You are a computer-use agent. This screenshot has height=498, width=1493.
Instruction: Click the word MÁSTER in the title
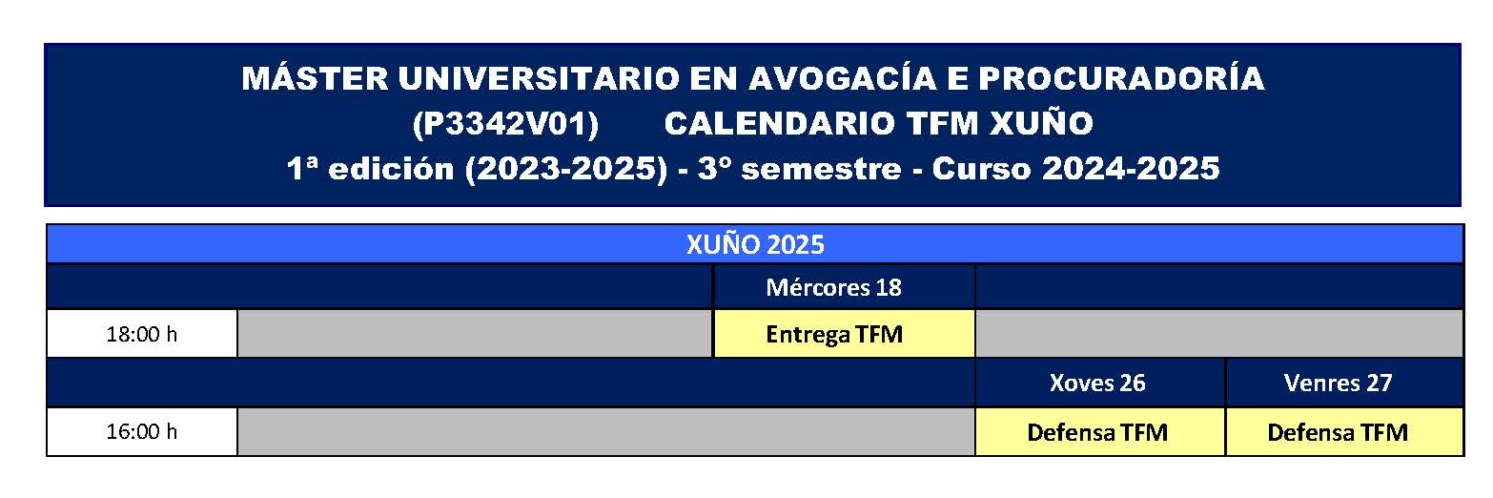pyautogui.click(x=315, y=77)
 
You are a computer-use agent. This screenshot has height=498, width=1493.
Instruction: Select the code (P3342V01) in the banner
pyautogui.click(x=506, y=124)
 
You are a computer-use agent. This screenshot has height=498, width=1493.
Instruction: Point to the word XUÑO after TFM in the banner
pyautogui.click(x=1041, y=122)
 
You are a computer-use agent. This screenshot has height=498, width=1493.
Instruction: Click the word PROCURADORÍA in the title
pyautogui.click(x=1121, y=77)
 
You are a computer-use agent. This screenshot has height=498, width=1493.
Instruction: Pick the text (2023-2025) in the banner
pyautogui.click(x=566, y=169)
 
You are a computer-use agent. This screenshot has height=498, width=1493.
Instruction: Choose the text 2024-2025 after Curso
pyautogui.click(x=1131, y=168)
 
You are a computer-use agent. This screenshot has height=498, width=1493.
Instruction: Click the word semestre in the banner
pyautogui.click(x=821, y=169)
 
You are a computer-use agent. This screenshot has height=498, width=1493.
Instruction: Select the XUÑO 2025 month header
pyautogui.click(x=755, y=244)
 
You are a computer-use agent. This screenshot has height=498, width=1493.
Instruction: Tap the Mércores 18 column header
pyautogui.click(x=834, y=287)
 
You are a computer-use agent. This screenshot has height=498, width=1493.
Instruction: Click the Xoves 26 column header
pyautogui.click(x=1097, y=383)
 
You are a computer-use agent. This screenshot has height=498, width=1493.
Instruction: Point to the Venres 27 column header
pyautogui.click(x=1339, y=383)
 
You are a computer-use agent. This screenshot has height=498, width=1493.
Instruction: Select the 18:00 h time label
pyautogui.click(x=142, y=334)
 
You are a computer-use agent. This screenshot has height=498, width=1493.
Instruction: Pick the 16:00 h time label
pyautogui.click(x=142, y=432)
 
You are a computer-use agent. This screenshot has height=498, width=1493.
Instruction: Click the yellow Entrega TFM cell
pyautogui.click(x=844, y=333)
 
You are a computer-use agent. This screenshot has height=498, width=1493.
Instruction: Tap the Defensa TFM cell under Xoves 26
pyautogui.click(x=1100, y=432)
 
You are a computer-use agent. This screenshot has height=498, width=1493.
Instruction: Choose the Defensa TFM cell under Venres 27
pyautogui.click(x=1344, y=432)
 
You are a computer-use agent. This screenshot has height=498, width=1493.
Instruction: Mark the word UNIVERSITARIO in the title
pyautogui.click(x=539, y=78)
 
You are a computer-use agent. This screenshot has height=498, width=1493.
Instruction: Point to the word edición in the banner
pyautogui.click(x=391, y=168)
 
